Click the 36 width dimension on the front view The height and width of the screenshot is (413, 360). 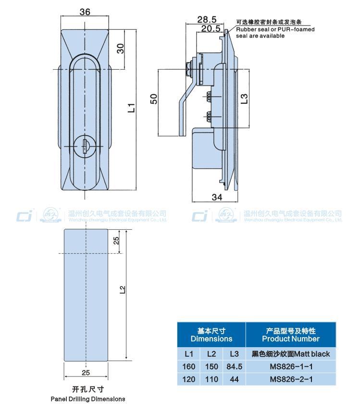click(x=85, y=13)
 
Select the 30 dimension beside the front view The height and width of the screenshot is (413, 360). click(x=121, y=49)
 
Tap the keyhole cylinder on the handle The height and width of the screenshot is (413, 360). click(x=85, y=145)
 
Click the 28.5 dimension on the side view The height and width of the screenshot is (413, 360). click(x=207, y=19)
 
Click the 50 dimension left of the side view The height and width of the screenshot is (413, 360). click(x=154, y=99)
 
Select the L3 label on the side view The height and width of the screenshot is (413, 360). click(x=244, y=98)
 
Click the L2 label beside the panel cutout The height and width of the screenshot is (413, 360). click(x=123, y=289)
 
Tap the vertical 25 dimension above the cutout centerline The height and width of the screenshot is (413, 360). click(x=116, y=241)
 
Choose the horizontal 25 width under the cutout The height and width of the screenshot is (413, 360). click(x=86, y=372)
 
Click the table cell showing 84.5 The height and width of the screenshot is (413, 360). click(x=234, y=366)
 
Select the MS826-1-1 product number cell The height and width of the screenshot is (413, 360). click(x=291, y=366)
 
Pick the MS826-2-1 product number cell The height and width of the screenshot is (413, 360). click(x=291, y=379)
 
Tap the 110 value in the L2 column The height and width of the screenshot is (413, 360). click(x=211, y=379)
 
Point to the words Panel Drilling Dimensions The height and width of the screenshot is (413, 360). click(x=88, y=399)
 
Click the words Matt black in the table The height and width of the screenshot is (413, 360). click(x=312, y=354)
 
